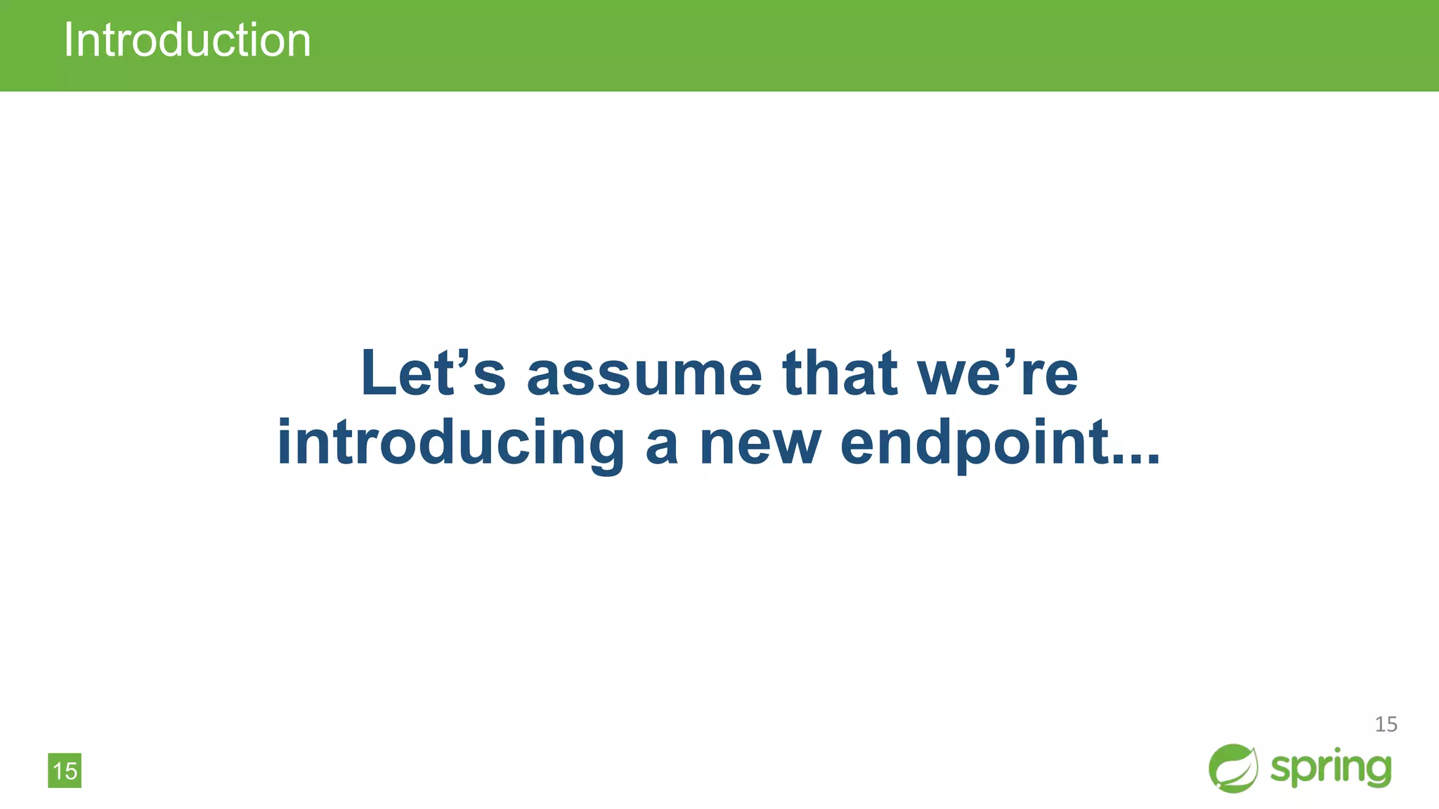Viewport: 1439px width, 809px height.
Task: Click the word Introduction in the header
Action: tap(187, 40)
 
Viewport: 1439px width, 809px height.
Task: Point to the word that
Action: tap(840, 373)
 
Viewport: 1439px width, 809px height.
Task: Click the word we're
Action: tap(998, 373)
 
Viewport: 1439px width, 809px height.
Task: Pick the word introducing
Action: tap(450, 444)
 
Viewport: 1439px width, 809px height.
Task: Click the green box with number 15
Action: tap(65, 770)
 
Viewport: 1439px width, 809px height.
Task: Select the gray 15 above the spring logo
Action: tap(1386, 724)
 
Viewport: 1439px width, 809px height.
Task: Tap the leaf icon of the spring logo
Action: tap(1233, 768)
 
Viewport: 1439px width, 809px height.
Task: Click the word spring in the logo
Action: tap(1331, 768)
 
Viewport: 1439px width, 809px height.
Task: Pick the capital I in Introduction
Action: tap(68, 40)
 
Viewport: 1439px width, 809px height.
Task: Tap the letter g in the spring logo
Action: tap(1377, 771)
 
